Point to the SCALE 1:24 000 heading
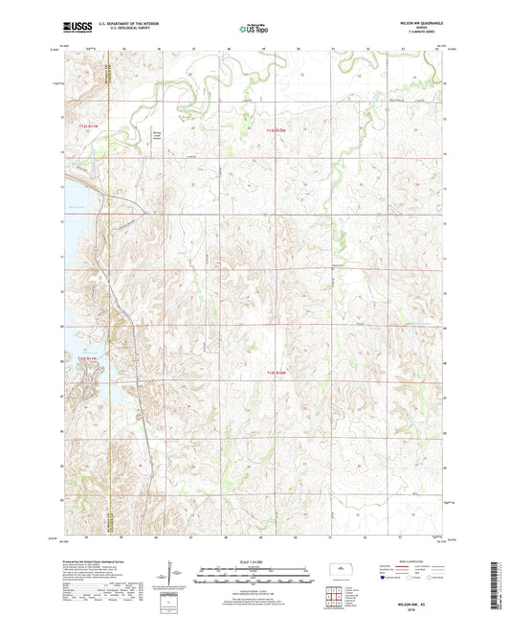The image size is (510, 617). point(255,560)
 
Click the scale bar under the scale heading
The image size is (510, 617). point(255,569)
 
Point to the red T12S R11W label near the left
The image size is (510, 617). point(88,126)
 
